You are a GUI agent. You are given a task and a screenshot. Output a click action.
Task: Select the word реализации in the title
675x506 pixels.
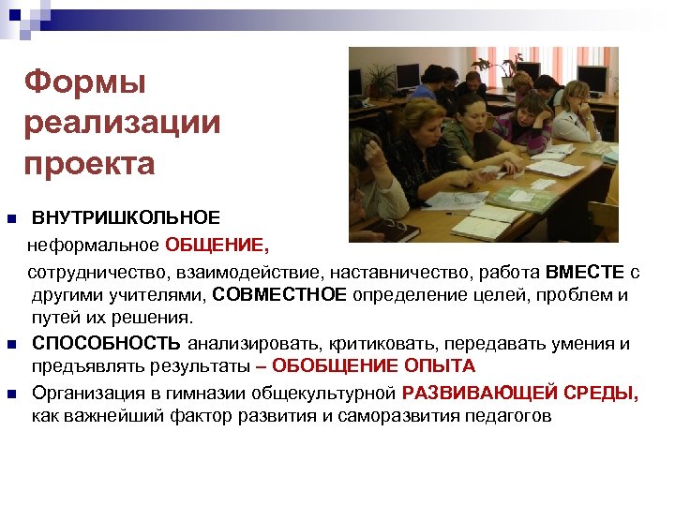pos(123,123)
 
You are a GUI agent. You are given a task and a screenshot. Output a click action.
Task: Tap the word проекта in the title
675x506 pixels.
pos(89,163)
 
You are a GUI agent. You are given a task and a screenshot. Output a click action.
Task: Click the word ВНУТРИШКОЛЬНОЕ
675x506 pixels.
pos(127,218)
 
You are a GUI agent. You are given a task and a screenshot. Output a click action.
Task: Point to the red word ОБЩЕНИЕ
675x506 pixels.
pos(216,246)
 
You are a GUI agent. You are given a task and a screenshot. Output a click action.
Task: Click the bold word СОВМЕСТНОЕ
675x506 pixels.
pos(279,295)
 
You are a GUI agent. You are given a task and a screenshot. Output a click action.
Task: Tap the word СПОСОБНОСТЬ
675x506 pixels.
pos(108,343)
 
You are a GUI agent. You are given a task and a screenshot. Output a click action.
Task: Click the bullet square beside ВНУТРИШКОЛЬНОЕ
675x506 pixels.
pos(11,219)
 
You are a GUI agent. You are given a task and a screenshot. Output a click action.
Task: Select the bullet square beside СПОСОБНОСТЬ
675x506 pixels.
pos(11,344)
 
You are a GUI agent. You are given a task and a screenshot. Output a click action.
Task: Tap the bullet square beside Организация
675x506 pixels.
pos(11,394)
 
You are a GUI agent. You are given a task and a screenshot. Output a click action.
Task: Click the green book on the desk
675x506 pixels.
pos(521,197)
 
